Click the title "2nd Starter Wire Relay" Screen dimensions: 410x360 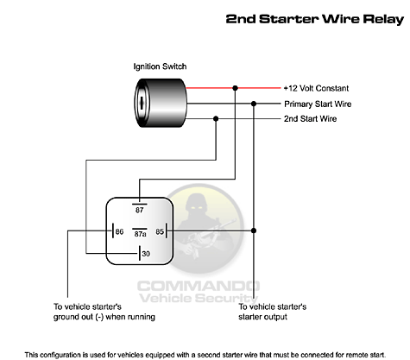[315, 19]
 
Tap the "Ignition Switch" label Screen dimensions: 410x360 [160, 66]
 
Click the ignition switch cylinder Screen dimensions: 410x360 [161, 103]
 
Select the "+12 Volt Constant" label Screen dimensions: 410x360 [316, 88]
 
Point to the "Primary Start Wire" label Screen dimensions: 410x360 [318, 104]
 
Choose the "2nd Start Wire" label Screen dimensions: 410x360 [310, 119]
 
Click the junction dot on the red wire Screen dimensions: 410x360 [235, 88]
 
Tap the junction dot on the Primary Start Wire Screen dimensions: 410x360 [254, 104]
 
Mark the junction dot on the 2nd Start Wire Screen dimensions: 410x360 [216, 118]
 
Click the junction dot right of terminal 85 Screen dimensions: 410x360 [254, 231]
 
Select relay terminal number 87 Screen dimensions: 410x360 [140, 211]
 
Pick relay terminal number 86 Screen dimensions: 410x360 [119, 231]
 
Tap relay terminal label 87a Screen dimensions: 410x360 [140, 234]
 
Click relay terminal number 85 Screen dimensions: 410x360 [160, 231]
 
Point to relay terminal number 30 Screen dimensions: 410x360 [146, 254]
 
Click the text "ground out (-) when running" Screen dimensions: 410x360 [104, 317]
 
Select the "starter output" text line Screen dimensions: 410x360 [262, 317]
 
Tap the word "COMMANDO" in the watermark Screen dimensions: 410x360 [199, 287]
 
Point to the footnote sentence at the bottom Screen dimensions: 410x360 [205, 355]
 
